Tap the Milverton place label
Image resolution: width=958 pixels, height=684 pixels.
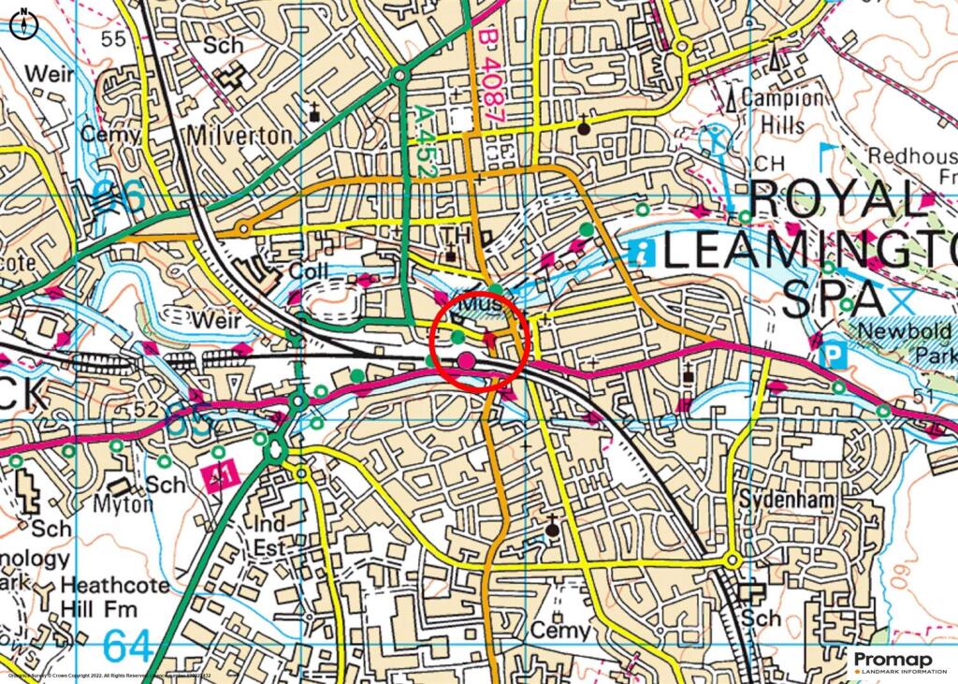(239, 136)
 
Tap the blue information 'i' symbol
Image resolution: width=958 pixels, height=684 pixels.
(642, 250)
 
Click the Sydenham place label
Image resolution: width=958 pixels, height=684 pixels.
(785, 501)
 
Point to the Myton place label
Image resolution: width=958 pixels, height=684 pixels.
(123, 504)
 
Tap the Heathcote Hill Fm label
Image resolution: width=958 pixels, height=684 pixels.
(114, 597)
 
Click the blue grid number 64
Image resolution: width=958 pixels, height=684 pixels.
(127, 645)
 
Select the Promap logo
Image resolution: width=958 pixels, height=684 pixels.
(899, 662)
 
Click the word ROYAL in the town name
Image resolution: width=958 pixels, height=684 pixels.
(835, 201)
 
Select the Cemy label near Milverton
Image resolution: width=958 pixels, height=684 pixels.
(110, 135)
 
